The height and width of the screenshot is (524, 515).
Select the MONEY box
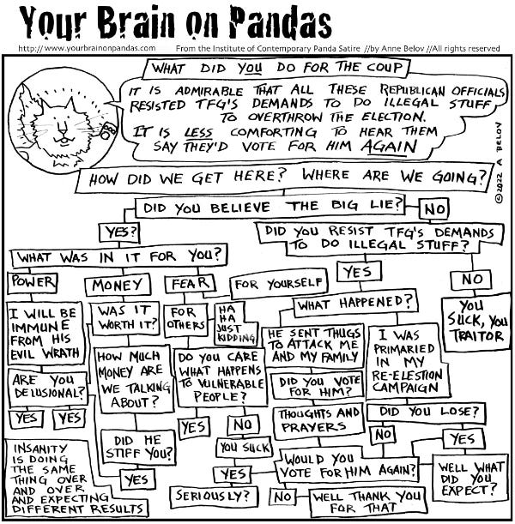112,283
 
